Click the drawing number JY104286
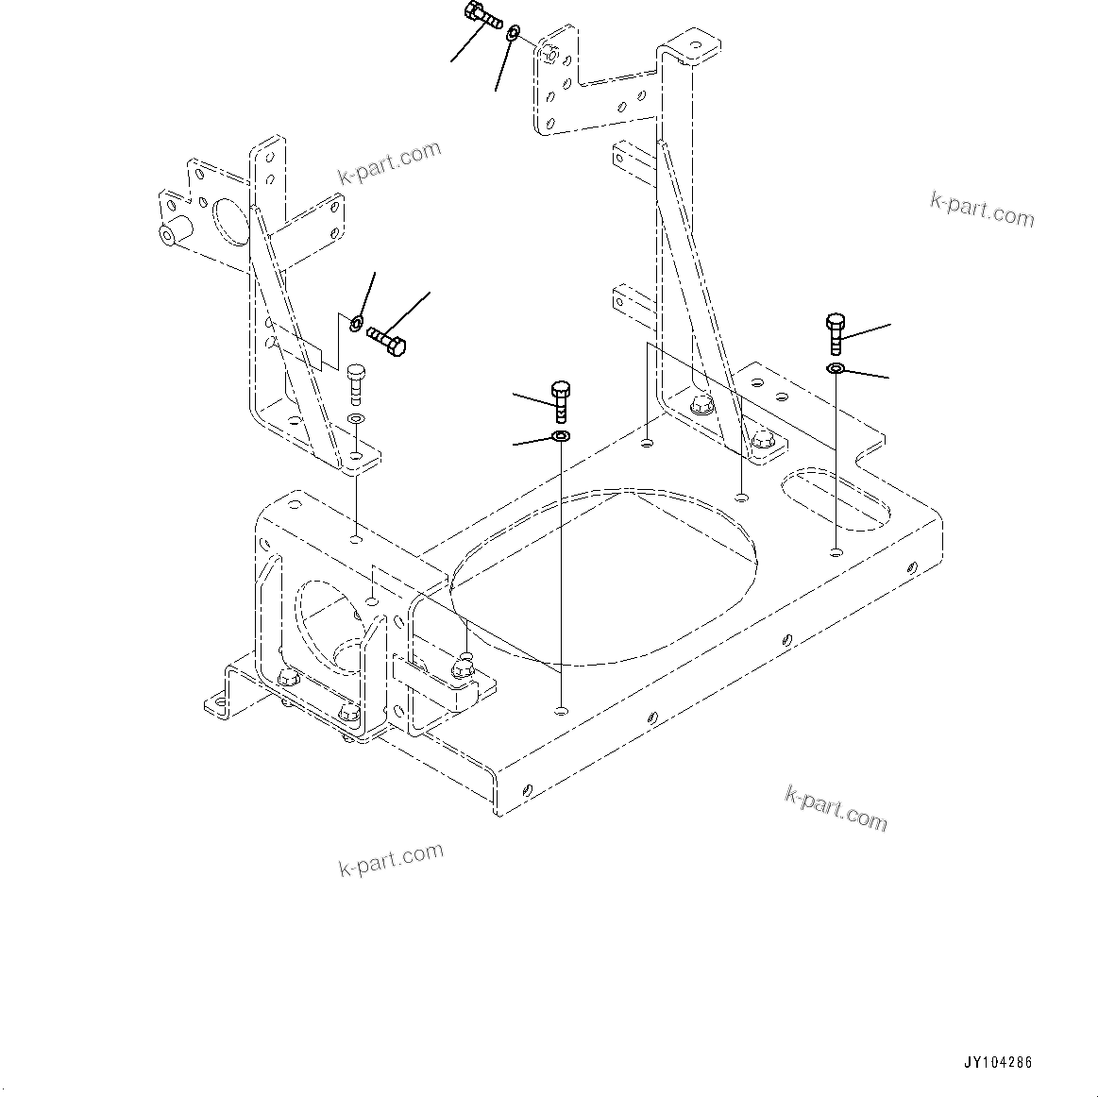point(997,1062)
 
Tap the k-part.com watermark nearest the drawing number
point(836,808)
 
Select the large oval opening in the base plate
point(604,577)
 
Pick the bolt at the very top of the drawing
point(481,15)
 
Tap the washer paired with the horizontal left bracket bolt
point(356,324)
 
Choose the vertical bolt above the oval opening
point(559,400)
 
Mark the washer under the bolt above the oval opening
point(561,436)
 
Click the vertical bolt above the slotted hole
point(836,332)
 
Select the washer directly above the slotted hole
point(836,367)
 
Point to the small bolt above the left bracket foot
point(356,382)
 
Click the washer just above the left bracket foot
point(355,417)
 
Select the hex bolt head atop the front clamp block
point(463,666)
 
